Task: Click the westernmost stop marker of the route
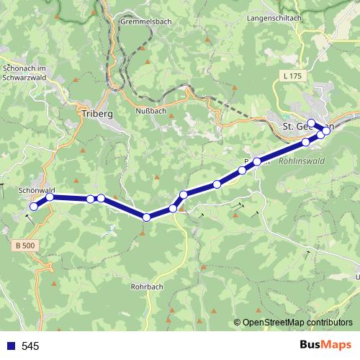click(x=33, y=207)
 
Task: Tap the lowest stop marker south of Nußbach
click(x=146, y=217)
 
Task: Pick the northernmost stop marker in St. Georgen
click(x=312, y=122)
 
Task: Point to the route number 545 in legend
click(x=30, y=346)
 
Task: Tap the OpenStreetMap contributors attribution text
click(x=297, y=323)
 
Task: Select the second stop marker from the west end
click(x=50, y=197)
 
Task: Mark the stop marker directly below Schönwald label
click(x=50, y=197)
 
